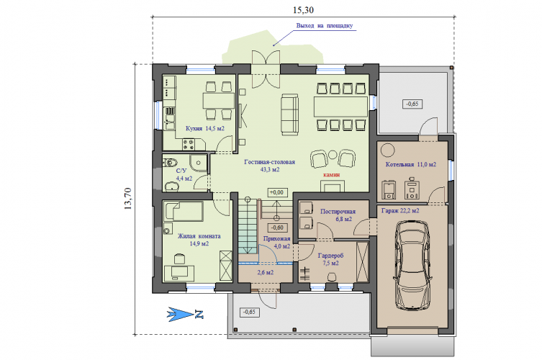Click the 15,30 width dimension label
[x=303, y=10]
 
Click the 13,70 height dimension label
[x=127, y=199]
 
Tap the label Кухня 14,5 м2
[x=205, y=128]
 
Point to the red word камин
[x=332, y=175]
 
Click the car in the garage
[x=412, y=264]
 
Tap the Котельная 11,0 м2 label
[x=411, y=165]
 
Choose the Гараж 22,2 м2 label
[x=400, y=210]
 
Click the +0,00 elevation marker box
[x=277, y=192]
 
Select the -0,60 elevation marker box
[x=277, y=228]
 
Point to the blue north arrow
[x=185, y=315]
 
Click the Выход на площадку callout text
[x=325, y=26]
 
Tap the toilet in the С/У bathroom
[x=170, y=162]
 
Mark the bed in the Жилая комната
[x=184, y=211]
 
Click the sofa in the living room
[x=289, y=114]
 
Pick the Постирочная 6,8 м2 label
[x=338, y=215]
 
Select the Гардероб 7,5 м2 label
[x=331, y=259]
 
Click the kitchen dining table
[x=218, y=101]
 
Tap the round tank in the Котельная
[x=387, y=150]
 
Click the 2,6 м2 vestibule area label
[x=266, y=272]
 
